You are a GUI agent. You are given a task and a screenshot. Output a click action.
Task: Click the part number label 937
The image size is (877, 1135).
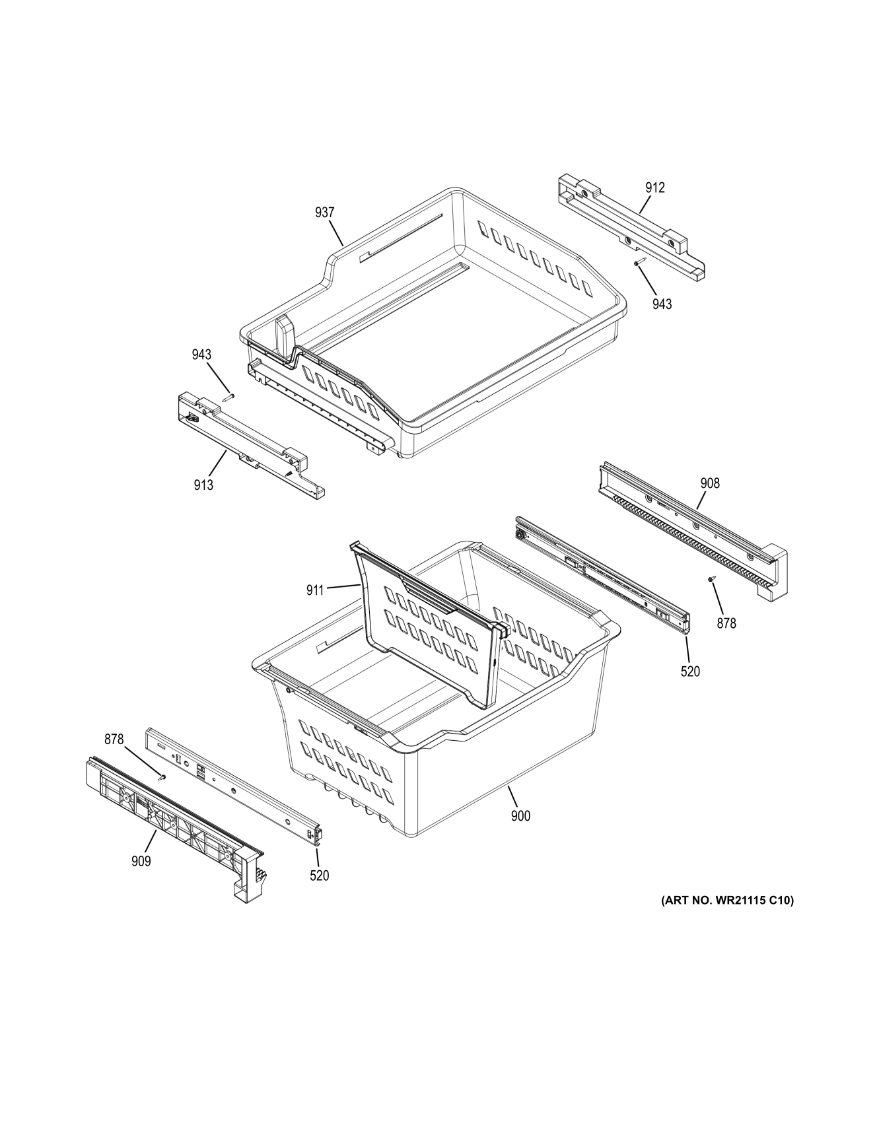[x=324, y=213]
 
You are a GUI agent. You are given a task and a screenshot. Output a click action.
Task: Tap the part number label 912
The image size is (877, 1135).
[x=654, y=188]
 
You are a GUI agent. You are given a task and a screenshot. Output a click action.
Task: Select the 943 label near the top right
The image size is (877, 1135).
[x=662, y=304]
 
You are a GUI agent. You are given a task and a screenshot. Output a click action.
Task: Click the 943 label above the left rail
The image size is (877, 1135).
[x=201, y=355]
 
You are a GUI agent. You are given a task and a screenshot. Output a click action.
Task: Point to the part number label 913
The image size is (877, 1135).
[x=203, y=485]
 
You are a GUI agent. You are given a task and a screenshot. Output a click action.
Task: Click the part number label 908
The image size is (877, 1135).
[x=710, y=483]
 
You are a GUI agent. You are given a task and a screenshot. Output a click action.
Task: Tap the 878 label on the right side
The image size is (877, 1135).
[x=726, y=623]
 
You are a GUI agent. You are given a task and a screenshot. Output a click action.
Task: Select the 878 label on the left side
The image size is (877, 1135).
[x=114, y=739]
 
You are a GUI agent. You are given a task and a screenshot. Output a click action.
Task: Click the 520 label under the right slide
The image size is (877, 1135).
[x=689, y=671]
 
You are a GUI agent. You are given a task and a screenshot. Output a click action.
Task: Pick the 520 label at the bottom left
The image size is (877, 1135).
[x=319, y=876]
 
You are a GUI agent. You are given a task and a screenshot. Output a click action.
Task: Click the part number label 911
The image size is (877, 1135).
[x=315, y=590]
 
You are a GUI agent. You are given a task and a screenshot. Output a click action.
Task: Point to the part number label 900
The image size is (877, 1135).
[x=520, y=816]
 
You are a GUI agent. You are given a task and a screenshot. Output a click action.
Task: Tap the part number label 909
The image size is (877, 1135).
[x=141, y=861]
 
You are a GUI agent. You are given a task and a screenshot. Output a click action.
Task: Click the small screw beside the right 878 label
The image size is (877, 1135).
[x=711, y=579]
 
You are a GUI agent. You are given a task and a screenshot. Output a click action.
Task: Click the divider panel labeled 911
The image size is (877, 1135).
[x=429, y=627]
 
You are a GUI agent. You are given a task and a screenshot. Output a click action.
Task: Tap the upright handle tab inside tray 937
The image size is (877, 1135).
[x=285, y=337]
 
